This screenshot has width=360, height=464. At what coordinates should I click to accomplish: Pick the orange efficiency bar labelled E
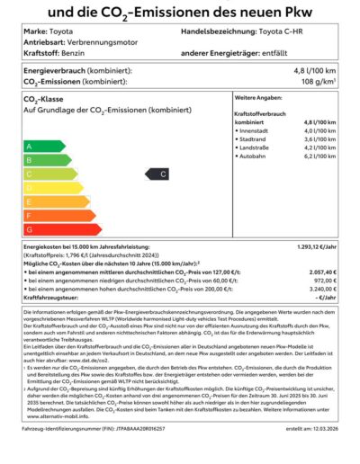tap(54, 201)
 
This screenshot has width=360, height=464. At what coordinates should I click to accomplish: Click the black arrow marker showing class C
tap(160, 174)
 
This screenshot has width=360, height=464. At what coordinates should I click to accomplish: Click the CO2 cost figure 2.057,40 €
tap(325, 271)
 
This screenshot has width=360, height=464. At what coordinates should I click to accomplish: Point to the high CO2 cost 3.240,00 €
tap(325, 288)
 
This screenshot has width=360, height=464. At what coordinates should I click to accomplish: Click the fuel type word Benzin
tap(75, 53)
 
